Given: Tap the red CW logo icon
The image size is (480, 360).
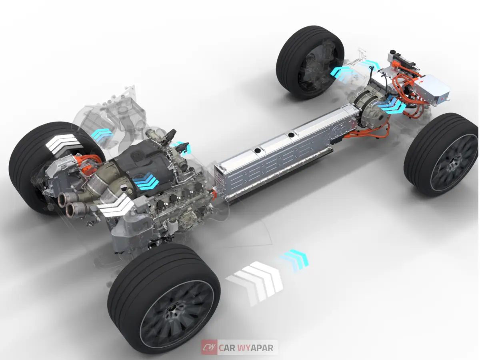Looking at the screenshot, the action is tap(209, 348).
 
